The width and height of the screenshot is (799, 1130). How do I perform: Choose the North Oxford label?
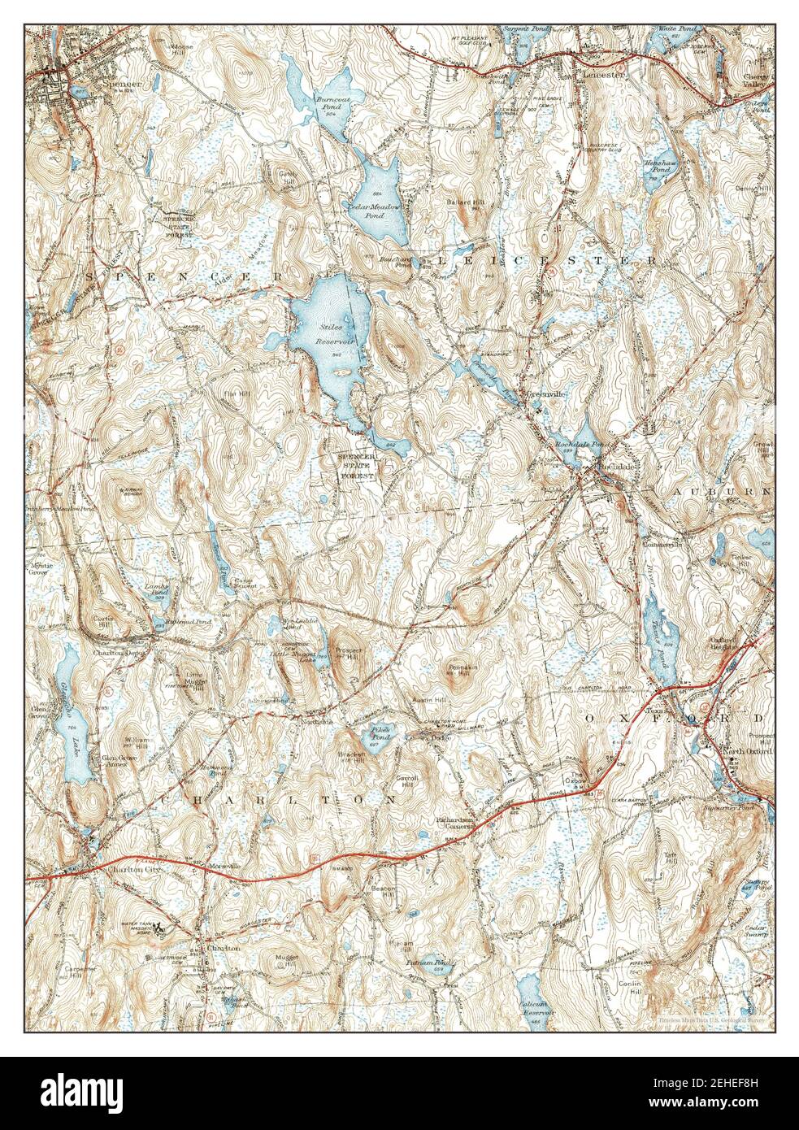click(x=747, y=751)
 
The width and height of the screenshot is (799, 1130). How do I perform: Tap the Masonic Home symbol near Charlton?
click(x=161, y=927)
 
